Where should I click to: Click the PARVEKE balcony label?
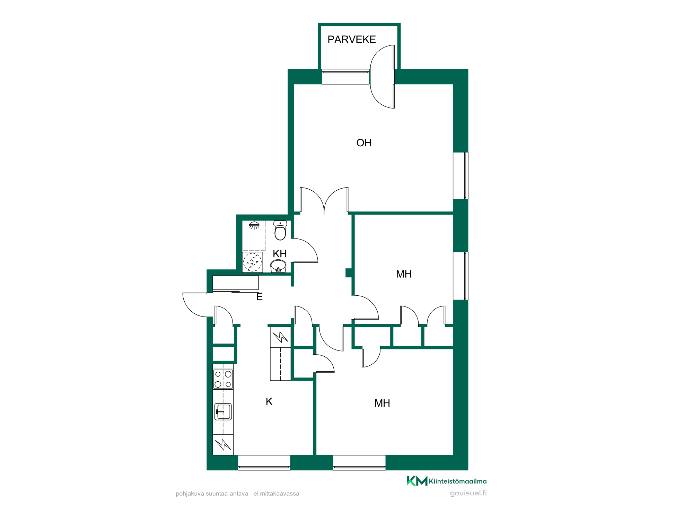(352, 40)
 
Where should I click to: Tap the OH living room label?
(364, 143)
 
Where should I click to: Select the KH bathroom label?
(280, 254)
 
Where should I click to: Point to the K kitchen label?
(269, 401)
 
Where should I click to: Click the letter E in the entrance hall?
(260, 297)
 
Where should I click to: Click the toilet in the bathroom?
(280, 230)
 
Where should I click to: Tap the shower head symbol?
(254, 225)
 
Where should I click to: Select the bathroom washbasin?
(278, 266)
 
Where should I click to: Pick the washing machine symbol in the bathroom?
(252, 262)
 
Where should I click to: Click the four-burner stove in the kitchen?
(223, 379)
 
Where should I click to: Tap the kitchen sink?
(223, 412)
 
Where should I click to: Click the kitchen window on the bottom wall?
(264, 462)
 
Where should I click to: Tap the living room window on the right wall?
(461, 176)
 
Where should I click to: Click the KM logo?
(417, 481)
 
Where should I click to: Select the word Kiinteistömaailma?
(458, 481)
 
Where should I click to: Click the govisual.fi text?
(468, 493)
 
